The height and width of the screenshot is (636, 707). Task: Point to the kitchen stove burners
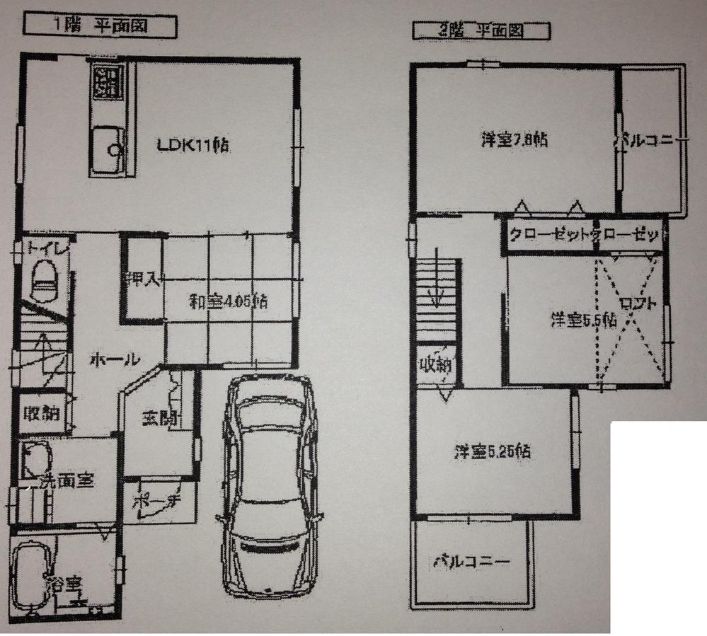(x=107, y=82)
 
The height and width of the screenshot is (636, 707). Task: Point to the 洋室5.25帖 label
(x=493, y=450)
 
